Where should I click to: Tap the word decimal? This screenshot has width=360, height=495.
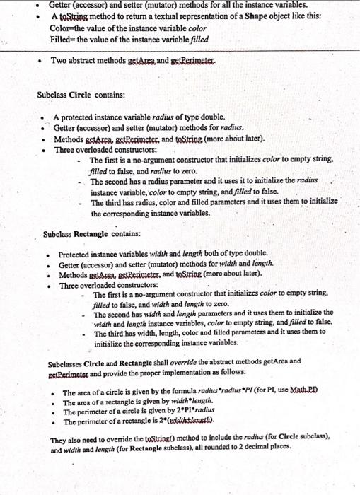[x=273, y=458]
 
